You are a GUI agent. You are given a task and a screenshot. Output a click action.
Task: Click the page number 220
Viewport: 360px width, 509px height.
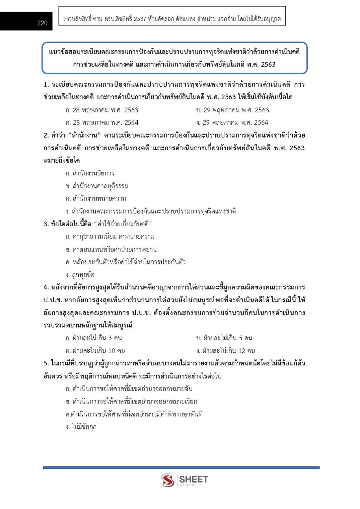(x=42, y=23)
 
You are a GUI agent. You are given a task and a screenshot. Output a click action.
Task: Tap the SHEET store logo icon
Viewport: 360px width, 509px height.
(x=167, y=480)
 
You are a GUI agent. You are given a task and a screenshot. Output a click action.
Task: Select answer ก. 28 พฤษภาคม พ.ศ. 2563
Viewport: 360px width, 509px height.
(x=102, y=110)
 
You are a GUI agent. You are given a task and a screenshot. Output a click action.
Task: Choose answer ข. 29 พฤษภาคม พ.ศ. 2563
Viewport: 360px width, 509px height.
(x=232, y=110)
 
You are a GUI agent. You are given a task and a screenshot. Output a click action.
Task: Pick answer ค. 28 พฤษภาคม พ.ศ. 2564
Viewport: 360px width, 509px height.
(x=102, y=122)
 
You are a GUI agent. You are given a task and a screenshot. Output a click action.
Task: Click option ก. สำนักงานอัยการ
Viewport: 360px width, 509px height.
(x=90, y=173)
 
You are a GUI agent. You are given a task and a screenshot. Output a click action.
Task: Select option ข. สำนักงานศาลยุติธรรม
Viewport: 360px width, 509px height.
(x=97, y=186)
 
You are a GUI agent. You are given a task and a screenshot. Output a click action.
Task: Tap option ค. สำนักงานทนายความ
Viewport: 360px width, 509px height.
(x=96, y=198)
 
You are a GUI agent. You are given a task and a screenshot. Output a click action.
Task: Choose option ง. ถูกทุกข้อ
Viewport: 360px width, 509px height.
(x=80, y=275)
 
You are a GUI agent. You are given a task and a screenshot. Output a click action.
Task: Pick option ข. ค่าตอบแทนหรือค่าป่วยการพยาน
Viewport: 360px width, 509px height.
(x=111, y=249)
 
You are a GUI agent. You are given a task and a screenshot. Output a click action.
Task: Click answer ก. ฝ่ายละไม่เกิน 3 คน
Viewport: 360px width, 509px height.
(x=94, y=338)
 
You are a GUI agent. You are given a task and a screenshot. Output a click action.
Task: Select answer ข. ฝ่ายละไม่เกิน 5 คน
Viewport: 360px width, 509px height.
(x=224, y=338)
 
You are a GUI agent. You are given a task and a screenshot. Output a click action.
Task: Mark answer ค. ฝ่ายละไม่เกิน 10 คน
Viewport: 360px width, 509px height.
(x=95, y=350)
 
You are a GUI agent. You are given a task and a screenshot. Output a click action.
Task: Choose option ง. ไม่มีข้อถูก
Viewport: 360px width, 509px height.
(x=81, y=427)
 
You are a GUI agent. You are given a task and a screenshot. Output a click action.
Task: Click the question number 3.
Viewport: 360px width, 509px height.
(x=46, y=224)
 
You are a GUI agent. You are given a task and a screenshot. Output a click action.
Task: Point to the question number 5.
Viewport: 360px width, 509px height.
(x=46, y=363)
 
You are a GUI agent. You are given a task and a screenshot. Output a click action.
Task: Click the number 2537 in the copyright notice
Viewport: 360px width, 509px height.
(x=140, y=19)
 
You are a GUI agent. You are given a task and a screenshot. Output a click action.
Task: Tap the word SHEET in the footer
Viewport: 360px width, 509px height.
(x=194, y=479)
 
